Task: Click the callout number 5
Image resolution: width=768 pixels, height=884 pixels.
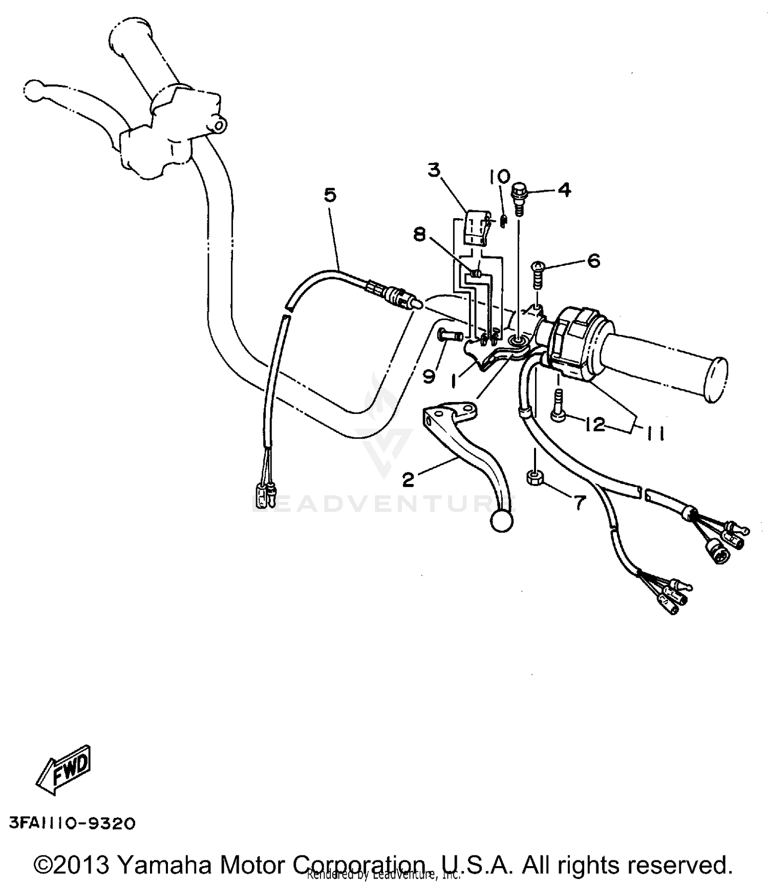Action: [330, 196]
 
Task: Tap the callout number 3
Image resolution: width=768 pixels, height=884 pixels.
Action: [434, 170]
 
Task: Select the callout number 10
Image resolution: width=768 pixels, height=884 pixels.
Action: [499, 177]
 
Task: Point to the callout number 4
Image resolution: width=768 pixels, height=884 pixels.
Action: [564, 191]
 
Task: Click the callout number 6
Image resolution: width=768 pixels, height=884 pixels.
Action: [593, 261]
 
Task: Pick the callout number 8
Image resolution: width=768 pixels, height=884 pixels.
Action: [420, 236]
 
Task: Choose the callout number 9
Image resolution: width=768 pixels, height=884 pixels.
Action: [429, 376]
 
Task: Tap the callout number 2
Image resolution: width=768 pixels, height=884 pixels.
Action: [408, 480]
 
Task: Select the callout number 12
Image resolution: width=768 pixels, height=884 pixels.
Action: [595, 425]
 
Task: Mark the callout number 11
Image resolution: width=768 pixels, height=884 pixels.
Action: [655, 434]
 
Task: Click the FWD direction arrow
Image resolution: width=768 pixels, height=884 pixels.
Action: [63, 770]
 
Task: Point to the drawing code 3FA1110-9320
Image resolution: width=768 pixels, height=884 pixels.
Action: [72, 823]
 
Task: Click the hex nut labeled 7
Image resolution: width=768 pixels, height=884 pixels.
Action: [534, 478]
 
